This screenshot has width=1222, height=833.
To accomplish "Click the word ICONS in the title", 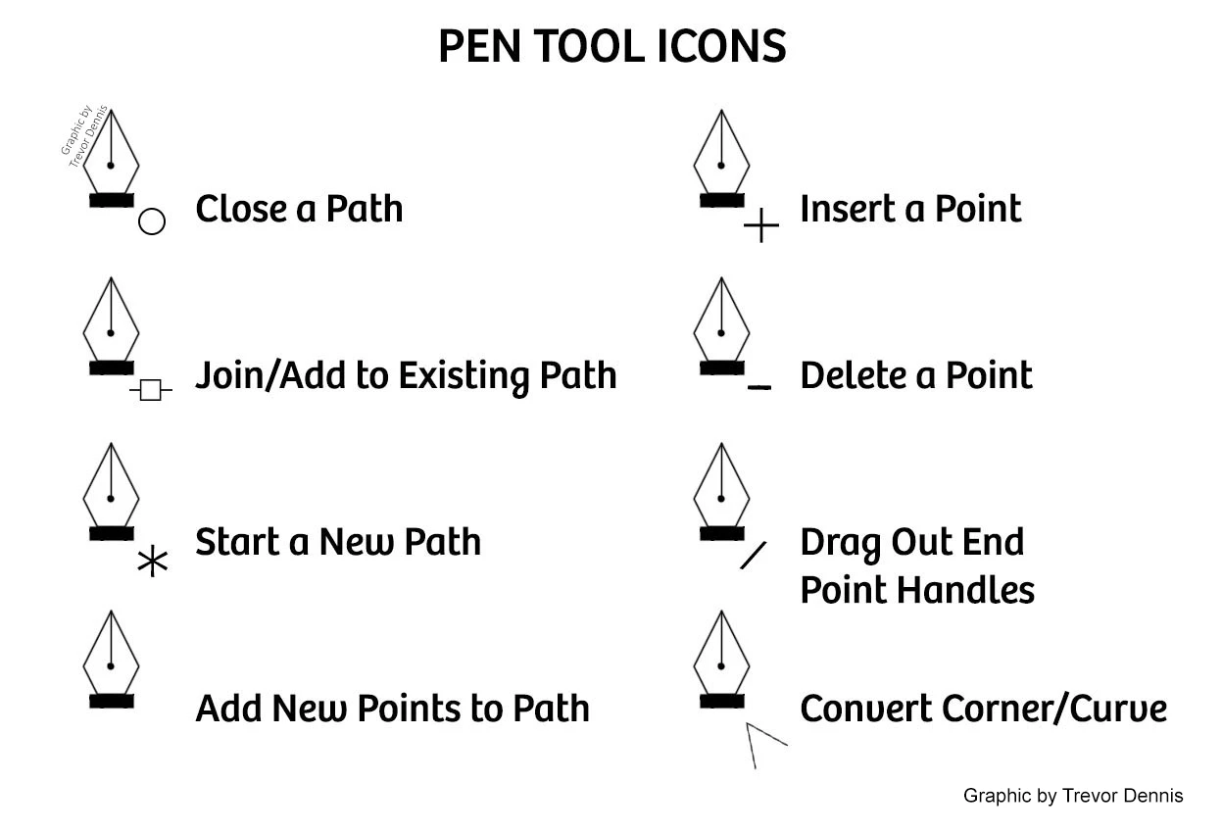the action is click(721, 46).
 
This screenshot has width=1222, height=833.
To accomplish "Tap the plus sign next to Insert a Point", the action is click(761, 224).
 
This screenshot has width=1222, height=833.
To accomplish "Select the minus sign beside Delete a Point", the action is click(758, 387).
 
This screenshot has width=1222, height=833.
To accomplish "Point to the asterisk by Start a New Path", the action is click(152, 562).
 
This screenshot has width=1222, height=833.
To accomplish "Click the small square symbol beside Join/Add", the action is click(151, 390).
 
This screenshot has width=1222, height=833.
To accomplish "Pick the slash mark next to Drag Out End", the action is click(753, 556).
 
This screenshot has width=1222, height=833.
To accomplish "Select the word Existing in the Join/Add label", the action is click(464, 375).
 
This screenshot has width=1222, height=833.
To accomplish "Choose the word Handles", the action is click(965, 590).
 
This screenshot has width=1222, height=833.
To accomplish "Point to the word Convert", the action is click(866, 709).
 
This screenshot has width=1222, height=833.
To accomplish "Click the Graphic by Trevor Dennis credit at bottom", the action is click(1073, 796).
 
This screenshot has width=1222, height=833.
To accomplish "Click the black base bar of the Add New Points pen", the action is click(112, 702).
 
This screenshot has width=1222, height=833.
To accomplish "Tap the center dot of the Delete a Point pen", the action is click(721, 333).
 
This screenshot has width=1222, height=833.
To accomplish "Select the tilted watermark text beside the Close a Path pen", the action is click(84, 136).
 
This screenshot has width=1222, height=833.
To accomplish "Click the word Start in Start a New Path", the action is click(237, 542).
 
